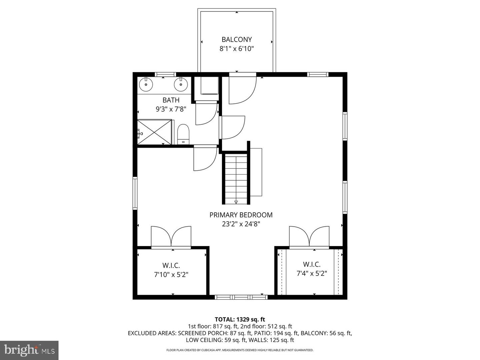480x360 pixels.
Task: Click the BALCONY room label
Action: pos(237,39)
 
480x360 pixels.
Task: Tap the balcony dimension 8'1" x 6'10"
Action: pos(237,49)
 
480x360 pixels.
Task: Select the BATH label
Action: pos(171,100)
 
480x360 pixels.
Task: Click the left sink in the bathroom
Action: pos(146,84)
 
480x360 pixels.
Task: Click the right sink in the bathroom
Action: pos(181,84)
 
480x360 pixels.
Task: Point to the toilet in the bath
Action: pos(183,134)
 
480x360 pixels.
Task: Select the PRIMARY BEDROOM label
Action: pos(241,215)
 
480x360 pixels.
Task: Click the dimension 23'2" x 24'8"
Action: pos(241,224)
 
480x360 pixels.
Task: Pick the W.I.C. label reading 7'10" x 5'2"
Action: pos(171,270)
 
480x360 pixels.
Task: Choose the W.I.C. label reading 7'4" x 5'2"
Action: pos(312,269)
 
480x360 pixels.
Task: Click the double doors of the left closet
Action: pos(171,237)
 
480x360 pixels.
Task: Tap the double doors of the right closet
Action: pos(309,237)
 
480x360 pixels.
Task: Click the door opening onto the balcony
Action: pos(242,88)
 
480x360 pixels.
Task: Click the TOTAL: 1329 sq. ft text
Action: pos(240,319)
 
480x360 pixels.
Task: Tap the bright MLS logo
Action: pos(29,350)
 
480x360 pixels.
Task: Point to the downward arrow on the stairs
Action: pos(236,202)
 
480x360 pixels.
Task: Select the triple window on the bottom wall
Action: pos(241,297)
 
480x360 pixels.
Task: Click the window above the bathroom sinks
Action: pos(165,74)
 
